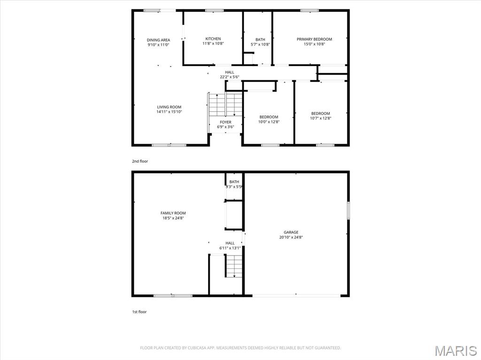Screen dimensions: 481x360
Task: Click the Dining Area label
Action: tap(158, 40)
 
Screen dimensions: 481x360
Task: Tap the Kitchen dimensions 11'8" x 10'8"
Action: tap(213, 44)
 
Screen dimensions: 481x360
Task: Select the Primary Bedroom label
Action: tap(314, 39)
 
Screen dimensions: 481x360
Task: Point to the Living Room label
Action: tap(169, 107)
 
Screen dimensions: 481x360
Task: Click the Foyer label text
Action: tap(226, 122)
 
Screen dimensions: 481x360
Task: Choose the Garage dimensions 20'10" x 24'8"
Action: tap(291, 237)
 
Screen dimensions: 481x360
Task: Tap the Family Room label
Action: tap(173, 213)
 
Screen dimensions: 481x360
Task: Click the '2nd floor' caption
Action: tap(140, 161)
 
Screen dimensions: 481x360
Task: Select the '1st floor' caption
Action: tap(139, 312)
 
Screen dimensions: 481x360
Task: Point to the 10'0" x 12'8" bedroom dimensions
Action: tap(269, 122)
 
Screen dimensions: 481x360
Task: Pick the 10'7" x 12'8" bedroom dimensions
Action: tap(320, 118)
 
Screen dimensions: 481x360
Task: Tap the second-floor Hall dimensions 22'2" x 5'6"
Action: tap(229, 77)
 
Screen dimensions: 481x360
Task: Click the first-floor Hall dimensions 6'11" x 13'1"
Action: tap(230, 248)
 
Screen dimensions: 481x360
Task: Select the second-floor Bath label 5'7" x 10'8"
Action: tap(260, 42)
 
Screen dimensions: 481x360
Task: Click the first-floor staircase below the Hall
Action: tap(234, 266)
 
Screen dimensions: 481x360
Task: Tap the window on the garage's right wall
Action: tap(349, 210)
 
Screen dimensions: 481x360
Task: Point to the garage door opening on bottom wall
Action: tap(296, 296)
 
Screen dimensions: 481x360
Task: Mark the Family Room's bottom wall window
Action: tap(173, 296)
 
